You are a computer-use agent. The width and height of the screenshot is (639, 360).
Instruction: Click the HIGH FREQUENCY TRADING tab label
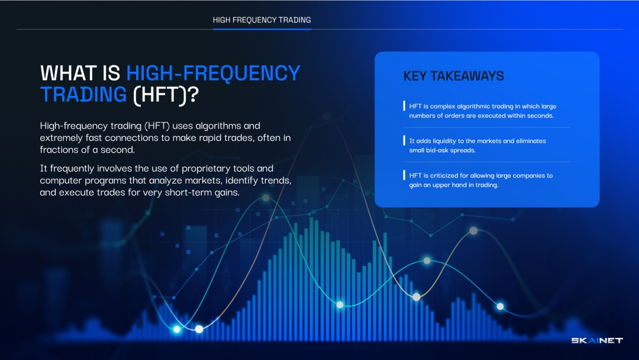coord(262,20)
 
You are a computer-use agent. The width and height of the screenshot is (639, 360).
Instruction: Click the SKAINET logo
coord(597,340)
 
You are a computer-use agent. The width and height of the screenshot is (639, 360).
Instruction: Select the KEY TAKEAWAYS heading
coord(454,76)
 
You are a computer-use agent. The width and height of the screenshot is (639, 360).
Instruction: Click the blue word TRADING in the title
coord(83,95)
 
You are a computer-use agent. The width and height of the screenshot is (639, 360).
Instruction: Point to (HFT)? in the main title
coord(166,95)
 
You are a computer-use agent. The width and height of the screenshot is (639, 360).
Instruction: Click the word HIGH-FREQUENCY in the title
coord(213,73)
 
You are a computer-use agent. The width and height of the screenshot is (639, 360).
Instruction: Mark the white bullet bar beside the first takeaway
coord(404,106)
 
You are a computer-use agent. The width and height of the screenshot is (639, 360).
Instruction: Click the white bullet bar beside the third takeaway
coord(404,175)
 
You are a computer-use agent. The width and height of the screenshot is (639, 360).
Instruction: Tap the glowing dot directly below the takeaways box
coord(473,231)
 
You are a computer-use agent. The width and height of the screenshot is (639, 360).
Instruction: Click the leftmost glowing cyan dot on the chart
coord(177,329)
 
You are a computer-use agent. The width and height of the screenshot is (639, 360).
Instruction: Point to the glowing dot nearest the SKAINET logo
coord(501,307)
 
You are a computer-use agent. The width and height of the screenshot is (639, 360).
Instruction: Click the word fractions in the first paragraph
coord(58,150)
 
